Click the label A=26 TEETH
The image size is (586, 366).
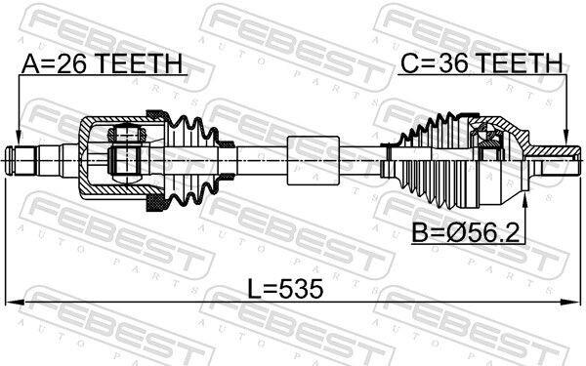102,63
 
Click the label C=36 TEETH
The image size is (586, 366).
481,62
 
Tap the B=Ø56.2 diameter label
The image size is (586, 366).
466,233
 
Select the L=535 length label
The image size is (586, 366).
286,289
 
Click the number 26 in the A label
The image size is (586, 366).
72,63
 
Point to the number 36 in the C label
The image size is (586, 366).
452,62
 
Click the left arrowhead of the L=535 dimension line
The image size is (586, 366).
16,302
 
